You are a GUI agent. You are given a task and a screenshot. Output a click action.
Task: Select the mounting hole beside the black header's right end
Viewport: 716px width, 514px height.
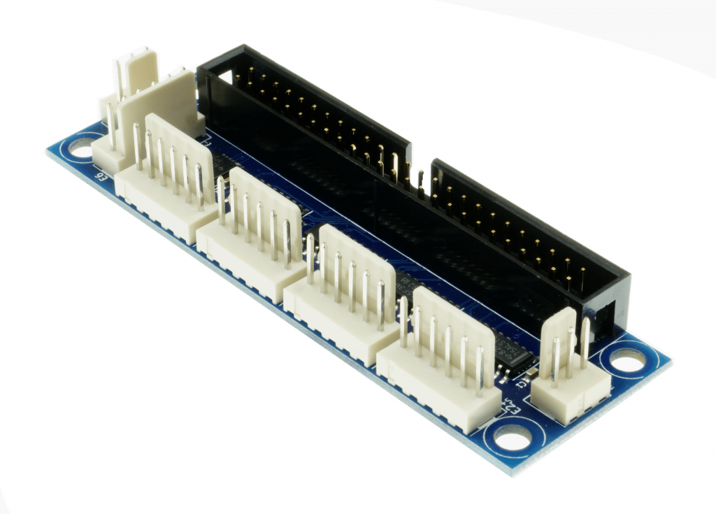627,360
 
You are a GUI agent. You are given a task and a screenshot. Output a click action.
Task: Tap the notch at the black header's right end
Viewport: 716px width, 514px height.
606,315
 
